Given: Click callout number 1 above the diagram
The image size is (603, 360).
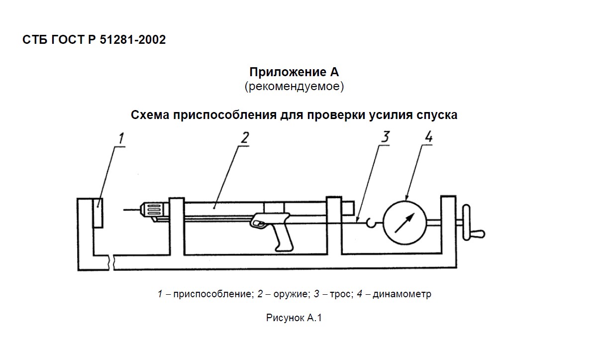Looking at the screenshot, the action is (x=121, y=138).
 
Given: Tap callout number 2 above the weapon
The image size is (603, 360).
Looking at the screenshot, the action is (x=245, y=138).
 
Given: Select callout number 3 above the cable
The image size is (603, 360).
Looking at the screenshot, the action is (x=386, y=136).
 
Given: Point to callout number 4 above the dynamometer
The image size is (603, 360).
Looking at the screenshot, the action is (x=428, y=136).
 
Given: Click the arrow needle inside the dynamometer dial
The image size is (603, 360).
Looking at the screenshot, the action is (x=404, y=223).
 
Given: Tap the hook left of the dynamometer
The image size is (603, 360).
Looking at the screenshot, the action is (x=371, y=223).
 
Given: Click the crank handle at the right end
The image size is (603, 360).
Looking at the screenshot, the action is (x=473, y=223).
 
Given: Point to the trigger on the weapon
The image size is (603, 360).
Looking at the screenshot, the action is (x=259, y=224).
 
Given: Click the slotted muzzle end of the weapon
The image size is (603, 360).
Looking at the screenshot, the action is (x=154, y=210).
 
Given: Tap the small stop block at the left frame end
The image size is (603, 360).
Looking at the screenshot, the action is (x=98, y=213).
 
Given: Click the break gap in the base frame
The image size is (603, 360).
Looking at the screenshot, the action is (x=111, y=262).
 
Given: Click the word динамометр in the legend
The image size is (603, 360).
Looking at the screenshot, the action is (x=402, y=294).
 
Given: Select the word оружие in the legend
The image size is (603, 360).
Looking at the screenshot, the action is (x=291, y=294).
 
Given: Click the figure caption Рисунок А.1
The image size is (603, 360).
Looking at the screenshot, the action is (x=294, y=318).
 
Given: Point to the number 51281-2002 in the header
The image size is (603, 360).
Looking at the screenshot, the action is (x=133, y=40).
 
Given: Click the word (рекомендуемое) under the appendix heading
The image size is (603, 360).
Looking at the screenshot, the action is (x=294, y=87).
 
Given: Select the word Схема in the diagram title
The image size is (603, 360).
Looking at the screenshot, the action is (x=150, y=115).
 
